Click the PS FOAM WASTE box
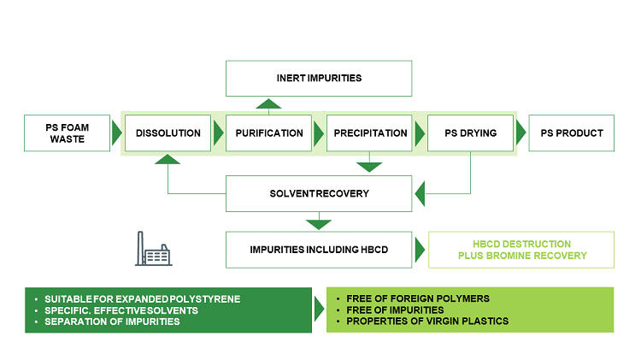click(68, 133)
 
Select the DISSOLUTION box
click(168, 133)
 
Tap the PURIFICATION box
click(269, 133)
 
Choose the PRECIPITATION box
click(370, 133)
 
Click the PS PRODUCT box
click(571, 133)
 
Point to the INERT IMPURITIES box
click(319, 78)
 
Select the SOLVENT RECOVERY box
click(319, 193)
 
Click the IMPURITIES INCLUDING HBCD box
click(319, 249)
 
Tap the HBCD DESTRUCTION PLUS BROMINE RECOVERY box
click(520, 250)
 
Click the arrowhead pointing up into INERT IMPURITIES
click(269, 104)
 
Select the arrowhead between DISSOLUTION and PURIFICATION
click(218, 133)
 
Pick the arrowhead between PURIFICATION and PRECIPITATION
click(320, 133)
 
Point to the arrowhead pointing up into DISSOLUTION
click(168, 160)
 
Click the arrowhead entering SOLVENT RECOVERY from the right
click(419, 193)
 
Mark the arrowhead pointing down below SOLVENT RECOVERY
click(319, 224)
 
